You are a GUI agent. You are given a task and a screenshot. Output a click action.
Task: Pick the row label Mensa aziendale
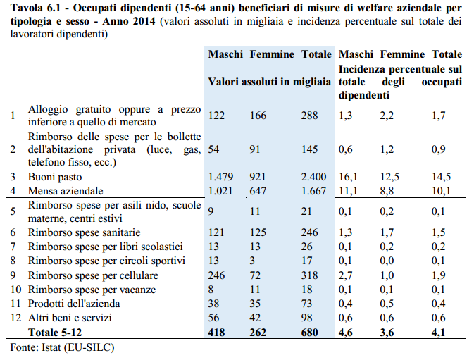click(x=66, y=191)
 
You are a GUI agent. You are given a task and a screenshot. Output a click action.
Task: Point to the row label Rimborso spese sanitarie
click(x=84, y=232)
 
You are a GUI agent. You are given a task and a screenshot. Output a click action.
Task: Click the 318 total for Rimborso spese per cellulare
click(x=310, y=275)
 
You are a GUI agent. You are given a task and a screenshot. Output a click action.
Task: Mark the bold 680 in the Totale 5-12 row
click(x=310, y=332)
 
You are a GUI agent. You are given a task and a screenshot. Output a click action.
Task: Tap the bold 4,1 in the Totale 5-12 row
click(x=440, y=332)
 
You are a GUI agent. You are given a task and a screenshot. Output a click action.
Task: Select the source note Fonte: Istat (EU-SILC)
click(x=62, y=347)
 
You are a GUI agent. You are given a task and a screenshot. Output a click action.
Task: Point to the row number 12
click(x=13, y=317)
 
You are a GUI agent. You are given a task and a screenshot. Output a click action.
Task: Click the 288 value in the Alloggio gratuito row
click(x=310, y=116)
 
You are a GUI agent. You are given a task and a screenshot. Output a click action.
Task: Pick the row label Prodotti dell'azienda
click(x=74, y=303)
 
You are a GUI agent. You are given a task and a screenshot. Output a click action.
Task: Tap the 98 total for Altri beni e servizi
click(x=308, y=317)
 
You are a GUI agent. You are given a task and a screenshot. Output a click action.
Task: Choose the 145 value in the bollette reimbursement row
click(x=310, y=149)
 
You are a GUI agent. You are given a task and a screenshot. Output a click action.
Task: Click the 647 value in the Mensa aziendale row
click(x=258, y=191)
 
